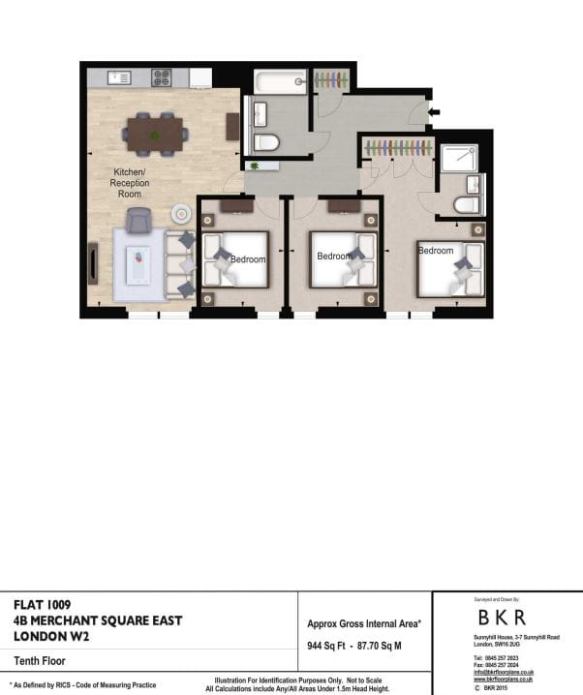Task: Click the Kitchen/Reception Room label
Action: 129,182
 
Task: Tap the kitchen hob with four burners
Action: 162,77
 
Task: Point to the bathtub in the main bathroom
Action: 280,82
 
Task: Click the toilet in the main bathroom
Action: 267,142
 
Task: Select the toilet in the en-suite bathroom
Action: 467,204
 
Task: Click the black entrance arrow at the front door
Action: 434,112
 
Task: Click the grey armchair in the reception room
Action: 138,221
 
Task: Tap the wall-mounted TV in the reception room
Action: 93,262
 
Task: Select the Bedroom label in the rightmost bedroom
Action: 436,251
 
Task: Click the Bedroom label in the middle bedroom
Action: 335,257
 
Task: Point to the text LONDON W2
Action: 48,636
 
